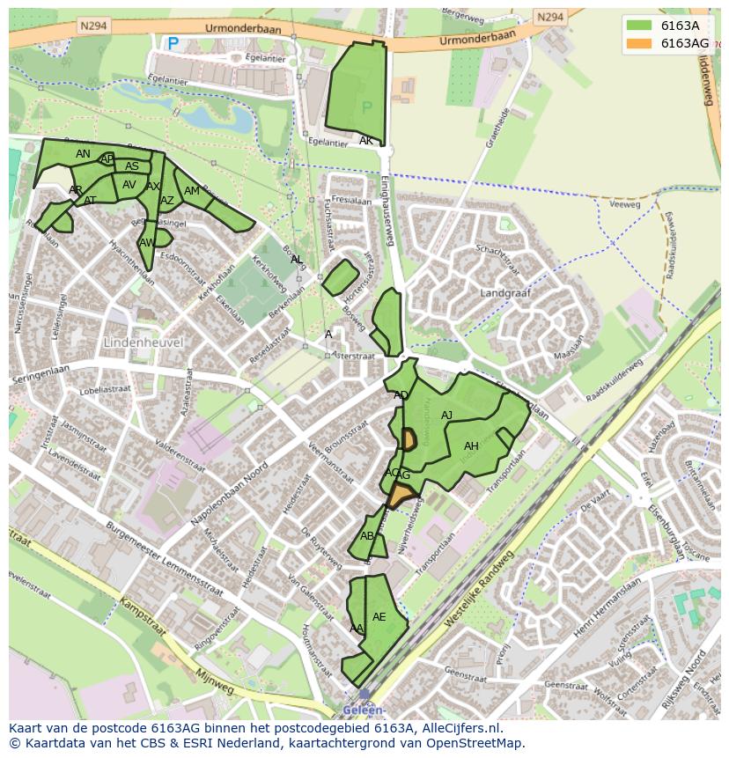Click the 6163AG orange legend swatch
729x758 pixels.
[x=640, y=43]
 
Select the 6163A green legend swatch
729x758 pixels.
[x=640, y=26]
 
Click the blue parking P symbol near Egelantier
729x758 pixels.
[x=173, y=42]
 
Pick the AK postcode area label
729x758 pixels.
[x=366, y=141]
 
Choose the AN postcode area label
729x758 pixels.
[x=83, y=154]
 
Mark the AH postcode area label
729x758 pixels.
[x=471, y=446]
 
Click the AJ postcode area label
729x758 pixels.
[x=446, y=416]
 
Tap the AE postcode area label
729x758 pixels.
[x=379, y=617]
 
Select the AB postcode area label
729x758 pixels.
[x=367, y=536]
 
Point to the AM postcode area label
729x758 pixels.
[x=192, y=191]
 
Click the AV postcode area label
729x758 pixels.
[x=129, y=185]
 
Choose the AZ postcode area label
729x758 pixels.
[x=167, y=201]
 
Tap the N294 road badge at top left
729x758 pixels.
[x=92, y=26]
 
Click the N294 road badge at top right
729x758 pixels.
[x=549, y=17]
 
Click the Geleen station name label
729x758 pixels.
[x=365, y=710]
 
